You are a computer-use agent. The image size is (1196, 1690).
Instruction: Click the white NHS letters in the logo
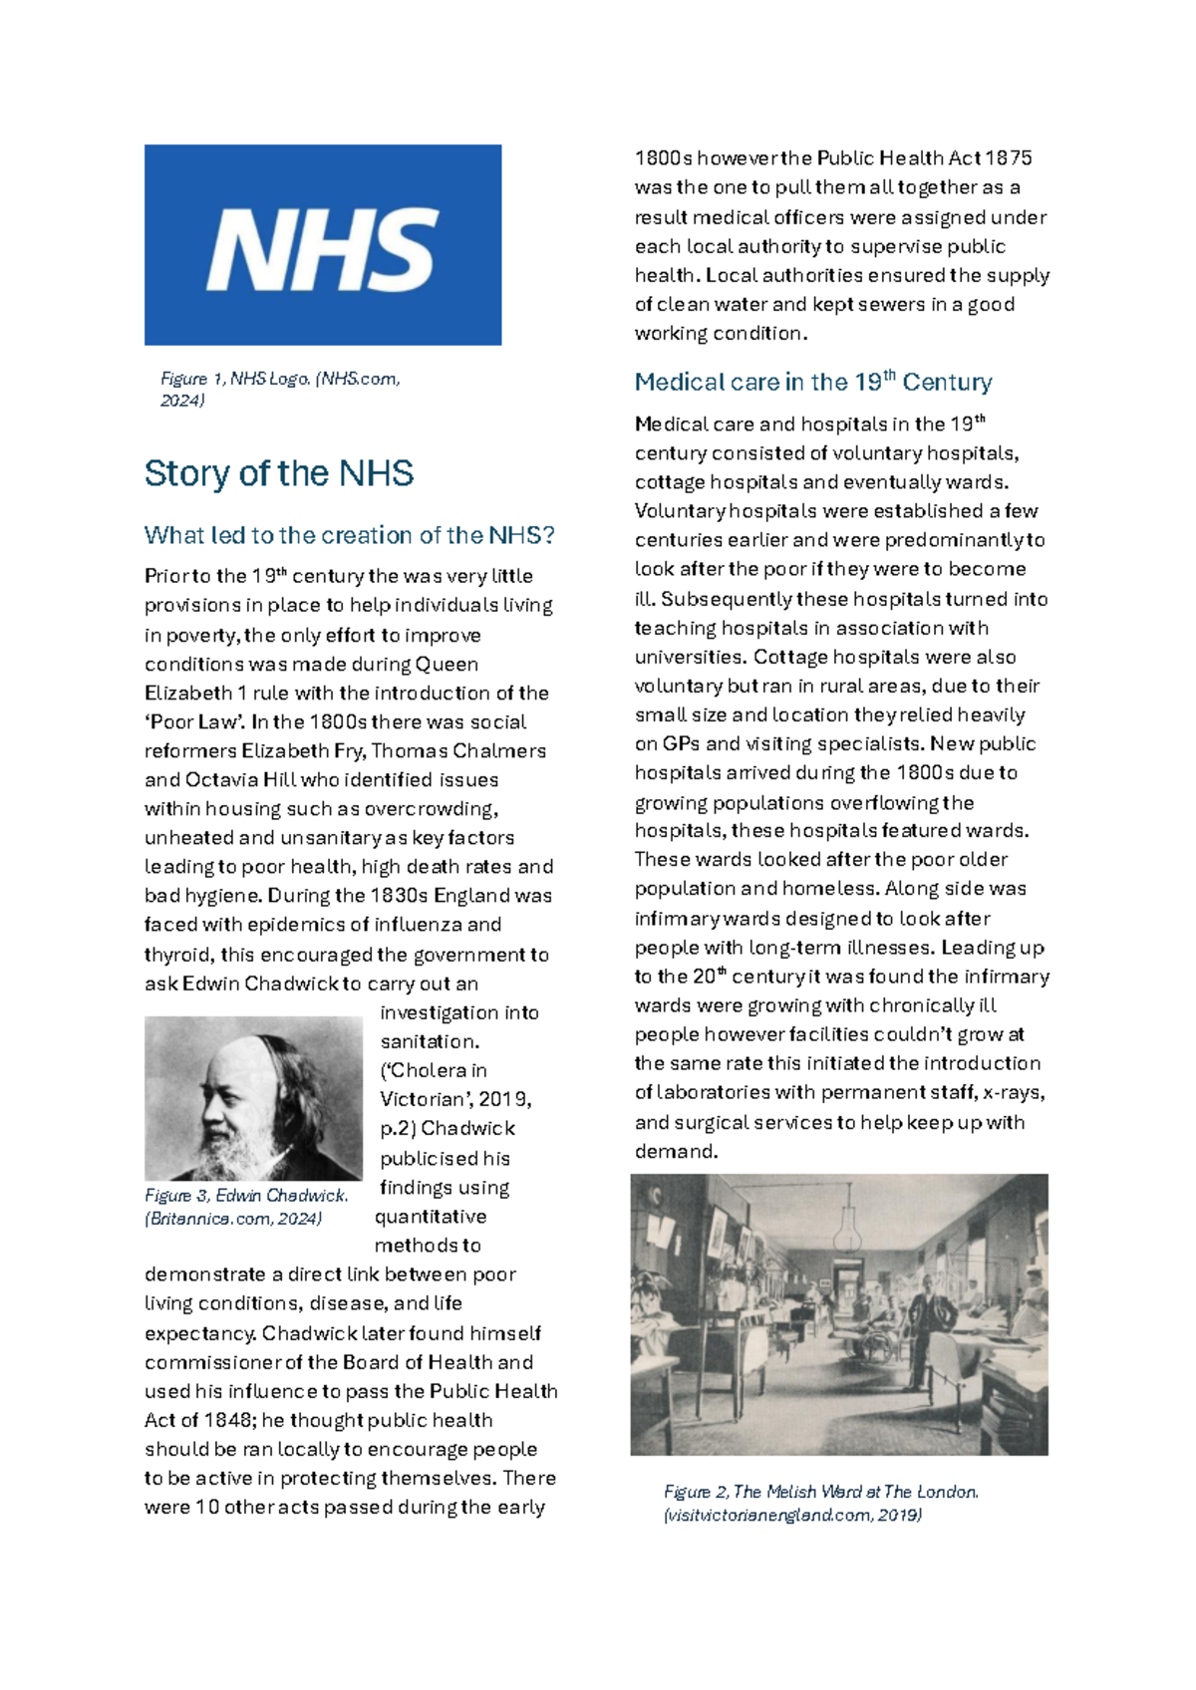coord(322,249)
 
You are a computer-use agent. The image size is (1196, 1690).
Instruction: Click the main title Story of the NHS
coord(279,473)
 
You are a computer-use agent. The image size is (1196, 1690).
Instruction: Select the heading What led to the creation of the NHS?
coord(349,535)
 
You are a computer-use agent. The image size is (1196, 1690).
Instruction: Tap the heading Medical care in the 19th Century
coord(813,382)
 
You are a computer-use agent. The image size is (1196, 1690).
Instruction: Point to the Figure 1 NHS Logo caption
coord(280,389)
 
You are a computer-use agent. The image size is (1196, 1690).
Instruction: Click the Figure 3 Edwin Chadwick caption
coord(246,1207)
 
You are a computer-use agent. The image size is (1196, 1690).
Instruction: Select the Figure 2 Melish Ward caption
coord(820,1503)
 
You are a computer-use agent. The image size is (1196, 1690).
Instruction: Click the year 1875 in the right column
coord(1008,158)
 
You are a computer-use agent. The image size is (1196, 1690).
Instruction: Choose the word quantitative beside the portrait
coord(431,1217)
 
